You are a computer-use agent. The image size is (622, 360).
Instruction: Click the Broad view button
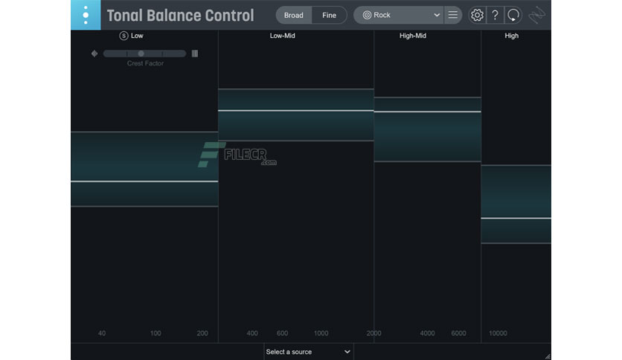(293, 15)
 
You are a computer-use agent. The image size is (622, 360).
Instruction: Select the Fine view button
(329, 15)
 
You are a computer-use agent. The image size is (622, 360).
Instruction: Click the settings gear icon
(477, 15)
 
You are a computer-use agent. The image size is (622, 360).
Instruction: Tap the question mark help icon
(495, 15)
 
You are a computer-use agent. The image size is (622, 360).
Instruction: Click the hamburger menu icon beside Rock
(452, 15)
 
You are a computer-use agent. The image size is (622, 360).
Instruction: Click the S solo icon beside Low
(124, 36)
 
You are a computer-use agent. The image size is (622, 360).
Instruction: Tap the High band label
(511, 36)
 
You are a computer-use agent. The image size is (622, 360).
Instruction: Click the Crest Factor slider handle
(141, 54)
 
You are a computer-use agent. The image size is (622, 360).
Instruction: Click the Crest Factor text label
(145, 63)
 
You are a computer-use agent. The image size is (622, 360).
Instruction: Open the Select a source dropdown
(308, 351)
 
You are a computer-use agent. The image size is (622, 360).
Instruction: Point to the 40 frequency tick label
(102, 333)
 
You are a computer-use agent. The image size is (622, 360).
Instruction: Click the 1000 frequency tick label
(321, 333)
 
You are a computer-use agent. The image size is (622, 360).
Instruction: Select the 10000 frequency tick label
(498, 333)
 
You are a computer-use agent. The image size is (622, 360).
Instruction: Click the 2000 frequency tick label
(373, 333)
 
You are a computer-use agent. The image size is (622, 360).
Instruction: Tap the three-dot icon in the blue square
(86, 15)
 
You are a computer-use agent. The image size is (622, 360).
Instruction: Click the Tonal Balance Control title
(180, 16)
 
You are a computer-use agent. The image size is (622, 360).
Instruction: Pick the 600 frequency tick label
(282, 333)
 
